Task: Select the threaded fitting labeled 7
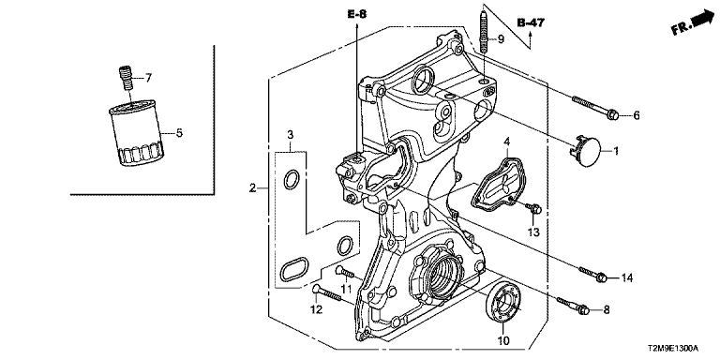coord(126,79)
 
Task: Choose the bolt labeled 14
coord(593,273)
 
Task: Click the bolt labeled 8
coord(573,306)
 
